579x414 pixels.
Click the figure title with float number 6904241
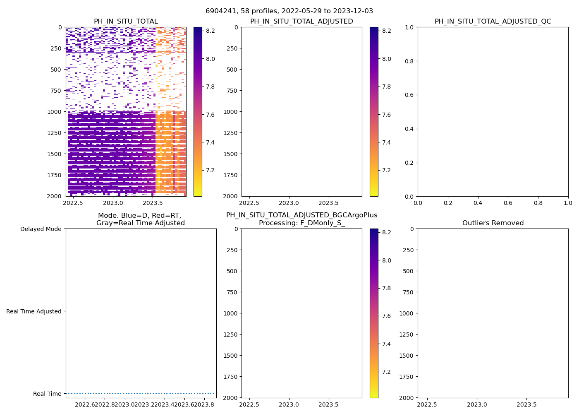pos(289,11)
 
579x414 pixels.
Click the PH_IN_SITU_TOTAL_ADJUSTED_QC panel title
pos(493,22)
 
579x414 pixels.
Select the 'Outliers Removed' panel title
pos(493,223)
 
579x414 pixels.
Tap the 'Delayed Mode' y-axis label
pos(41,229)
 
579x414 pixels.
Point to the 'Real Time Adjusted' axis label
pos(33,312)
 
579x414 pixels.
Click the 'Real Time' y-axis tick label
pos(47,394)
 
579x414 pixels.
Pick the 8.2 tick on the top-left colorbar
pos(211,31)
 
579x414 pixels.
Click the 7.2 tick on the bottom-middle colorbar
pos(387,372)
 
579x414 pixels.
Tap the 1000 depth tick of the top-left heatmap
pos(55,112)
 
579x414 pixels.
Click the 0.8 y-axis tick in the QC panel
pos(409,61)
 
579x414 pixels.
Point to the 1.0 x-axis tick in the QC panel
pos(568,203)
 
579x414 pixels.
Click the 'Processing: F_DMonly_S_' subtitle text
pos(301,223)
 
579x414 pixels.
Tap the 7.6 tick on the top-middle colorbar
pos(387,115)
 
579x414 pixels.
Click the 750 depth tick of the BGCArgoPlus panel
pos(232,292)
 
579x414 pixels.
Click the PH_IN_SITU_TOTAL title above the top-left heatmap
pos(126,22)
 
